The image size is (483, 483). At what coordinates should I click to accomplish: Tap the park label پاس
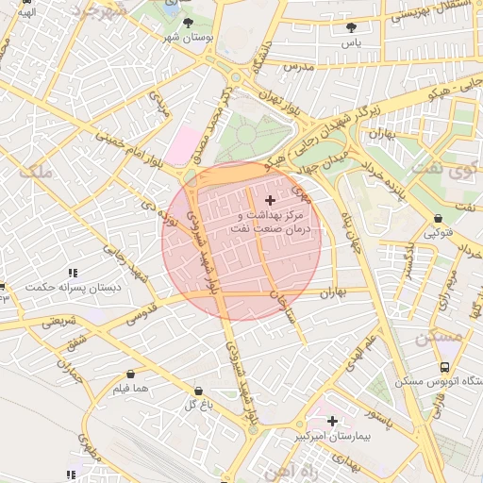click(352, 43)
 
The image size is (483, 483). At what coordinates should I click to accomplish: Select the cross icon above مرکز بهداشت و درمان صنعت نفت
click(272, 200)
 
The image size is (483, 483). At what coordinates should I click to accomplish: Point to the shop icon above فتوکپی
click(439, 219)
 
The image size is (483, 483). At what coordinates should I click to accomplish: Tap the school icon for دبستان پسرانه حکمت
click(73, 273)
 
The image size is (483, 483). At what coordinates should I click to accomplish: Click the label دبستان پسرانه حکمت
click(63, 287)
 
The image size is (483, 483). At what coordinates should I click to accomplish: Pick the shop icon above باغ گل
click(198, 391)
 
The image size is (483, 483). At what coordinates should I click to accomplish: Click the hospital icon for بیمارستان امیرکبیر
click(332, 421)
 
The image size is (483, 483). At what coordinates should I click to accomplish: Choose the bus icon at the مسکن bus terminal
click(444, 367)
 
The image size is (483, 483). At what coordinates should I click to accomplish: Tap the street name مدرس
click(296, 67)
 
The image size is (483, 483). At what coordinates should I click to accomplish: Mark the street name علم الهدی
click(361, 350)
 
